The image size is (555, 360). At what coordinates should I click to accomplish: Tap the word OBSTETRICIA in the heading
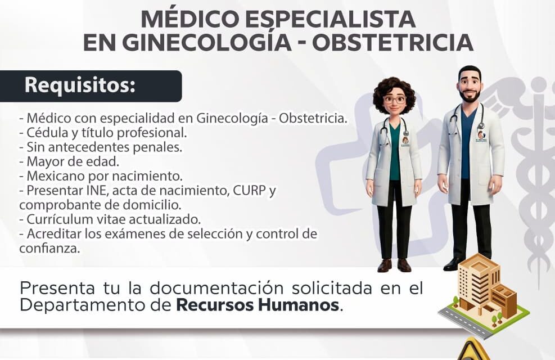pos(392,43)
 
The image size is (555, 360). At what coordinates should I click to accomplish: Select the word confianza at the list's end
pos(48,247)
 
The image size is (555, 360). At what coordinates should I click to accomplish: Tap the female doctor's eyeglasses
pos(394,100)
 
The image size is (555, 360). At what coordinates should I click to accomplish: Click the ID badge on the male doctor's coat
pos(481,137)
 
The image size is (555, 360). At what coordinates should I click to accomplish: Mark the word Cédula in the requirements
pos(46,133)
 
